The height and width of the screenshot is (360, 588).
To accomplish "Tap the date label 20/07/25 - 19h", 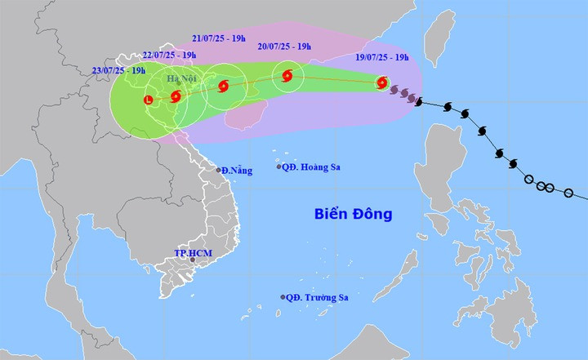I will (x=283, y=47).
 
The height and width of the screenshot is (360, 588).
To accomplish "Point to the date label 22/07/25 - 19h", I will (x=168, y=55).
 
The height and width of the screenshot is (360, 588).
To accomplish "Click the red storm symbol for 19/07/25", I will (x=382, y=82).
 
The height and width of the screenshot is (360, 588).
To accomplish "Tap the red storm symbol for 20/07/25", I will (x=287, y=77).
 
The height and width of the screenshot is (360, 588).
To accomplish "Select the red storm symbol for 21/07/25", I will (x=223, y=86).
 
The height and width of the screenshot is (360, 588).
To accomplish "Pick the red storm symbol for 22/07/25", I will (x=176, y=96).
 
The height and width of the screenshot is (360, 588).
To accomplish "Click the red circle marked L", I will (x=148, y=100).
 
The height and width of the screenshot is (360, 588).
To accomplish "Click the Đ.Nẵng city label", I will (x=238, y=171).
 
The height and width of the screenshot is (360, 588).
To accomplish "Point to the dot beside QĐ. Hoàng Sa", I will (x=279, y=167).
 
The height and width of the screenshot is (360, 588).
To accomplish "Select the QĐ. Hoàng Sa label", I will (x=312, y=167).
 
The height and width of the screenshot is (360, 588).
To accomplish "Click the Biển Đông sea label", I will (x=354, y=215).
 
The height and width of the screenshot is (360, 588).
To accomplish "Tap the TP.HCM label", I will (x=193, y=255).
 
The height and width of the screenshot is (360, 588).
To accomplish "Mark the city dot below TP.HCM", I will (x=193, y=260).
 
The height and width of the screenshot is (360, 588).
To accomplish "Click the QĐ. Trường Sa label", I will (x=318, y=298).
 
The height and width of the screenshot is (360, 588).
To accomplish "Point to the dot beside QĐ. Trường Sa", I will (x=283, y=297).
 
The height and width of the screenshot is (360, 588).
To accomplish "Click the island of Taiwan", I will (x=440, y=36).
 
